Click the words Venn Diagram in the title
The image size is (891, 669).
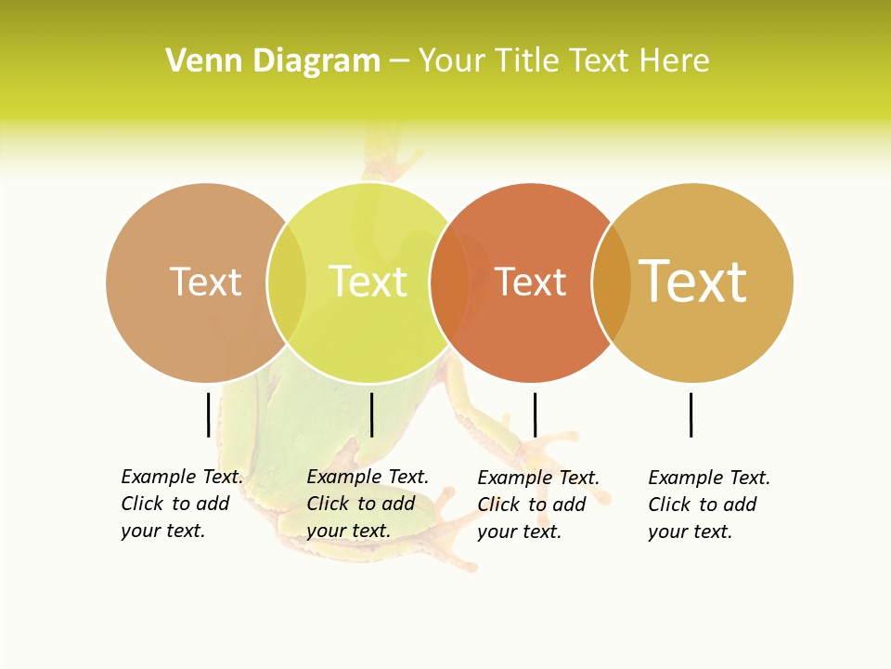[273, 61]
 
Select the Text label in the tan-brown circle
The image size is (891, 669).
[205, 282]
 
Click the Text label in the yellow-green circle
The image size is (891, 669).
[368, 282]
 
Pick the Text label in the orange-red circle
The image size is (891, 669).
[530, 282]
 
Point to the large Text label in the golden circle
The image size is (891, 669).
[692, 282]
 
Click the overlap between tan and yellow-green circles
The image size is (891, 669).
[287, 282]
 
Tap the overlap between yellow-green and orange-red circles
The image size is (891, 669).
[449, 282]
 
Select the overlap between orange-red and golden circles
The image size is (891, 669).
[612, 282]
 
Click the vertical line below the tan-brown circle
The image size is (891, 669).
[208, 414]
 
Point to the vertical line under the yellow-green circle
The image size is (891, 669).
[371, 414]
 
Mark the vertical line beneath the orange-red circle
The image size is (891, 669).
[535, 414]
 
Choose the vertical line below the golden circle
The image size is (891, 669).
[691, 414]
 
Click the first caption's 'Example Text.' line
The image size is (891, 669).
[182, 477]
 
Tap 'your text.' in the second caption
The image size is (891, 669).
[348, 531]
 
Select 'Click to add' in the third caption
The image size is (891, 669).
[531, 505]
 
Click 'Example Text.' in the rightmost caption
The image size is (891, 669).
[709, 478]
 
